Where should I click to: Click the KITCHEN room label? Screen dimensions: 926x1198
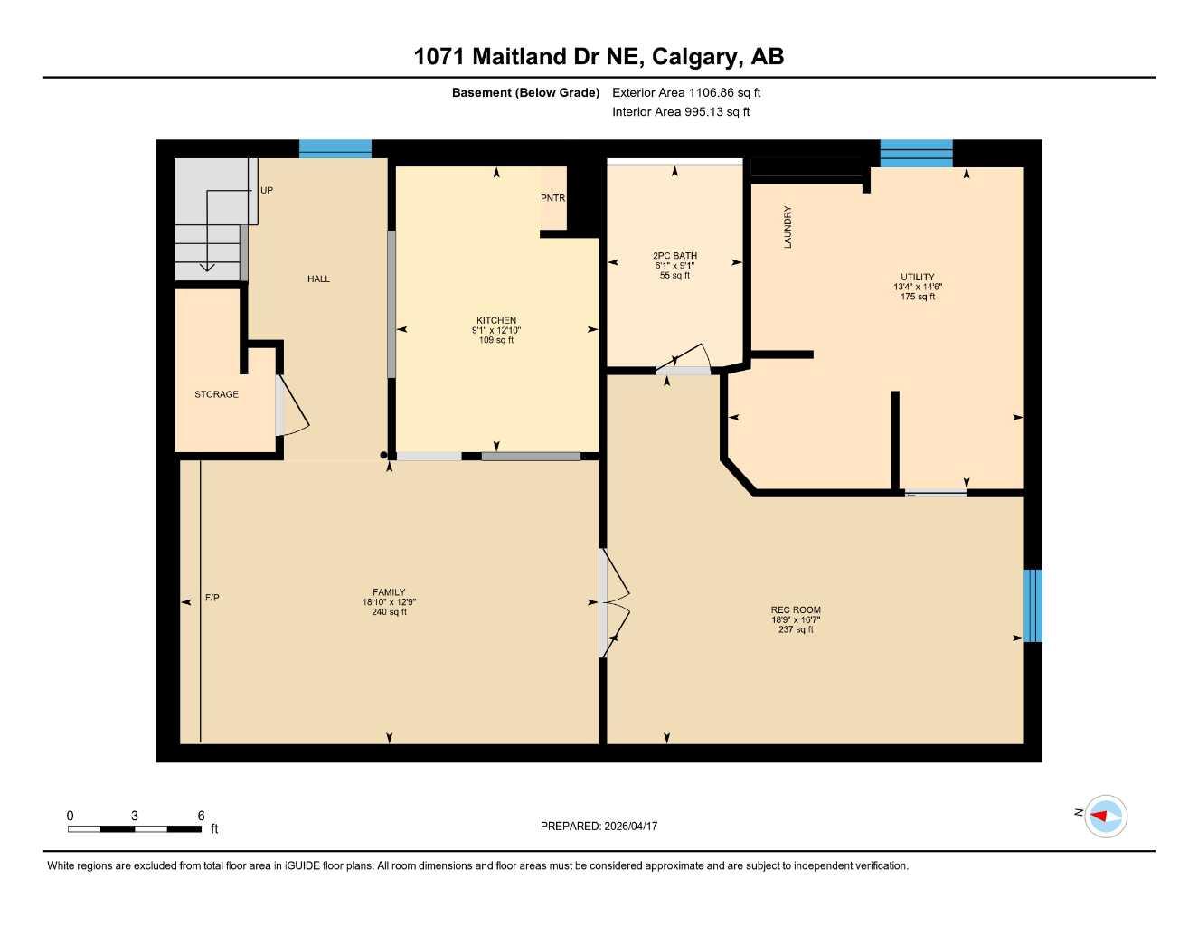coord(496,320)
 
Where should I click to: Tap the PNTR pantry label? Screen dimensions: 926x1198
coord(552,198)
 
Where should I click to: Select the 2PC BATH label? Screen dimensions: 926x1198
coord(674,256)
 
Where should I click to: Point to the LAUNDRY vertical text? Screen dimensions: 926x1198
coord(788,227)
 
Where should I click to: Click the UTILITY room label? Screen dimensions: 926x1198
coord(917,277)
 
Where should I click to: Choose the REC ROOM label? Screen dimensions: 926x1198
coord(796,609)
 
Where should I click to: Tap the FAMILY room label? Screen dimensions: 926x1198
coord(389,592)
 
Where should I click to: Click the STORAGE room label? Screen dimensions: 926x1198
coord(217,394)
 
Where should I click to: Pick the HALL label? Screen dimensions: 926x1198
coord(318,279)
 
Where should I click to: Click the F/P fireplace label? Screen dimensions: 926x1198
coord(212,598)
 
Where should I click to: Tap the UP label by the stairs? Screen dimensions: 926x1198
coord(267,191)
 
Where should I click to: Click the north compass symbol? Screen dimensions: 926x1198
coord(1104,816)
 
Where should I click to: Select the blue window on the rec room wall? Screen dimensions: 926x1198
coord(1033,605)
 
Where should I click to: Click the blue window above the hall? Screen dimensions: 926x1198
coord(335,149)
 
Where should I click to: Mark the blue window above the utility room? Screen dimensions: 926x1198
coord(916,154)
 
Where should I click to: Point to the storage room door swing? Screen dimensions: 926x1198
coord(292,409)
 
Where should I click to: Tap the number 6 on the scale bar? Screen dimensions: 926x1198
coord(201,816)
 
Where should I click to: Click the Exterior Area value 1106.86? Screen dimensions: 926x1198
coord(714,92)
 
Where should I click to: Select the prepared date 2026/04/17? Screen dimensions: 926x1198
coord(630,826)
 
